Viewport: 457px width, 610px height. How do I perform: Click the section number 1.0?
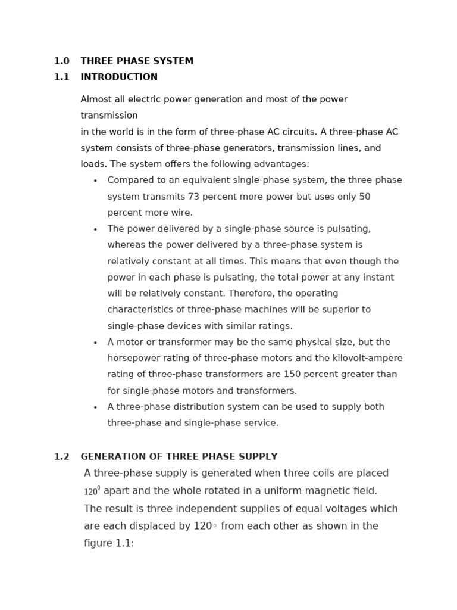click(61, 61)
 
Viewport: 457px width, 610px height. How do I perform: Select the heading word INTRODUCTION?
click(119, 77)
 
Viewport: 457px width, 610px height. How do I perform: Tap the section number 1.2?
click(61, 457)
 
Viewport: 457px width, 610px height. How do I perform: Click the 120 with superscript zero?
click(92, 491)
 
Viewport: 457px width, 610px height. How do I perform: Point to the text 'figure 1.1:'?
click(109, 543)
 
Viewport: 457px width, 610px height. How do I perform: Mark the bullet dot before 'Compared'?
click(95, 181)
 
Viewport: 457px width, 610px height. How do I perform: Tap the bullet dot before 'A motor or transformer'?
click(95, 343)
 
